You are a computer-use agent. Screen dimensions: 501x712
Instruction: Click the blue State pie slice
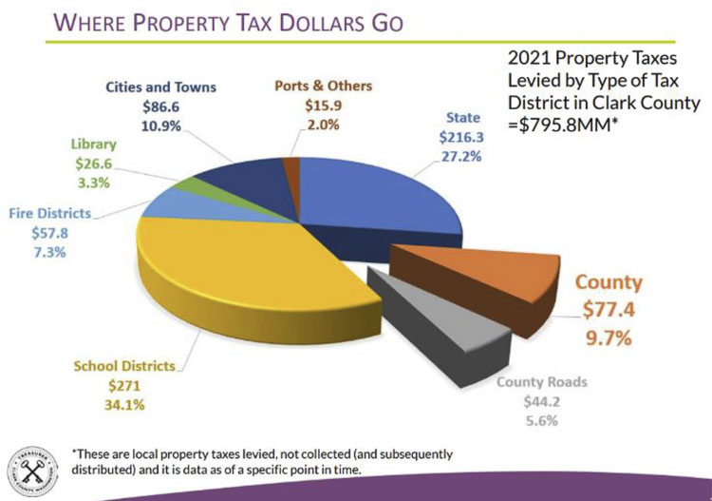pyautogui.click(x=380, y=195)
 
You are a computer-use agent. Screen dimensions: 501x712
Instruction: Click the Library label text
pyautogui.click(x=93, y=145)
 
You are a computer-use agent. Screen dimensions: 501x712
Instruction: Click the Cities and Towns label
pyautogui.click(x=161, y=87)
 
